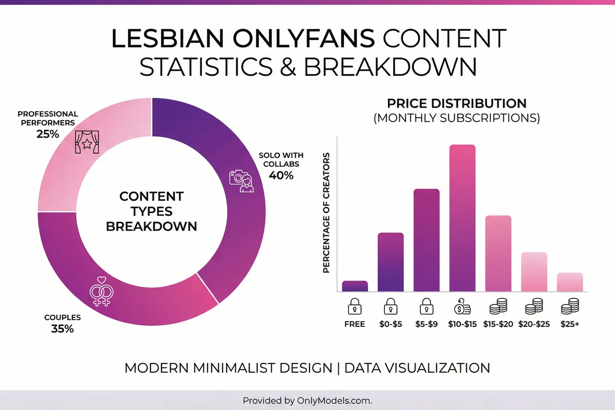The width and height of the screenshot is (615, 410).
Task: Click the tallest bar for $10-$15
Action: point(462,218)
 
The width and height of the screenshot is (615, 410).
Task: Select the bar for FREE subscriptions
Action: point(355,286)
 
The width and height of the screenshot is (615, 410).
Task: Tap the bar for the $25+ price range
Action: point(570,282)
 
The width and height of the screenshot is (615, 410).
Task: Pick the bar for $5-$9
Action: point(426,240)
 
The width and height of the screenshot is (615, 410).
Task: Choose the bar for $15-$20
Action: point(498,254)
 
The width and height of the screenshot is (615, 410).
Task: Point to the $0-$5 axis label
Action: point(391,324)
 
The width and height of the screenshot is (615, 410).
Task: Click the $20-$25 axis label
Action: point(534,324)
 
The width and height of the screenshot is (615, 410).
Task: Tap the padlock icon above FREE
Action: point(355,306)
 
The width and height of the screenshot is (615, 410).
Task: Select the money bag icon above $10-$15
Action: point(462,306)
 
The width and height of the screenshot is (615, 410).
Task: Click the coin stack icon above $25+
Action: point(570,306)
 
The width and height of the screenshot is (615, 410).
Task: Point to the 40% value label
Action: point(281,175)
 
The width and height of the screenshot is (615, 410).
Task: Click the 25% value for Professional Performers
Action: point(48,134)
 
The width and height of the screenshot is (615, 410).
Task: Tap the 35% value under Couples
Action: point(62,329)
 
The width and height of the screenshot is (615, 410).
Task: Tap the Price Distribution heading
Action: point(457,103)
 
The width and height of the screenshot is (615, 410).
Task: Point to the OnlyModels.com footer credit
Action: point(307,400)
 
